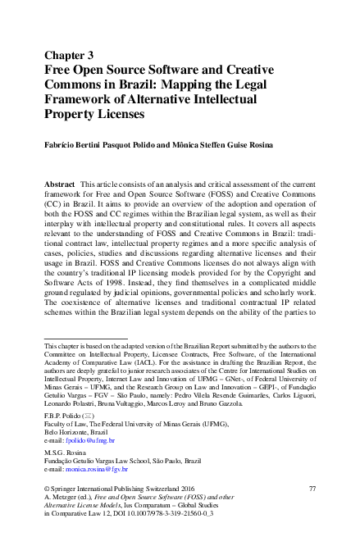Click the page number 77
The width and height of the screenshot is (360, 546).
pyautogui.click(x=311, y=488)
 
